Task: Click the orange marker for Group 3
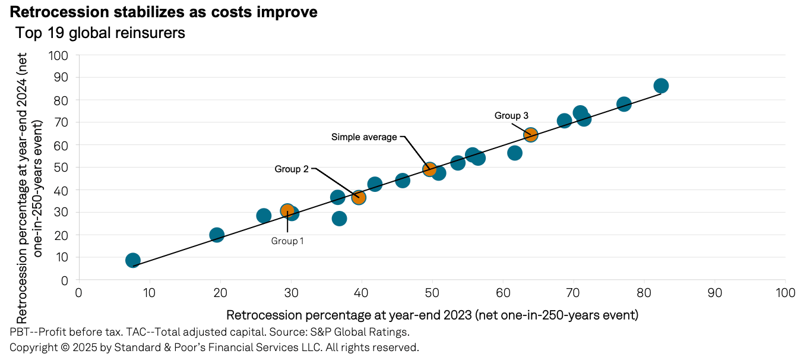[530, 135]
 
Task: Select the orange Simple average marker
[430, 169]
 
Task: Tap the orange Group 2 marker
[358, 197]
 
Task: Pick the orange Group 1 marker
[287, 211]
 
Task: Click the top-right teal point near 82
[660, 86]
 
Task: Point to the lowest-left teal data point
[133, 260]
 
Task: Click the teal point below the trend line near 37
[339, 219]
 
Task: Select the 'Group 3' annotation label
[511, 116]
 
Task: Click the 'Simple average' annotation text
[363, 137]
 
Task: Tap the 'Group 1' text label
[287, 241]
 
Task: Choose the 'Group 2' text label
[291, 169]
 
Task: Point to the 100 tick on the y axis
[60, 55]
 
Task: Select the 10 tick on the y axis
[64, 258]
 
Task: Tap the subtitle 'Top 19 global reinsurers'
[100, 33]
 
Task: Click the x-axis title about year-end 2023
[432, 314]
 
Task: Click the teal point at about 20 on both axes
[217, 235]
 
